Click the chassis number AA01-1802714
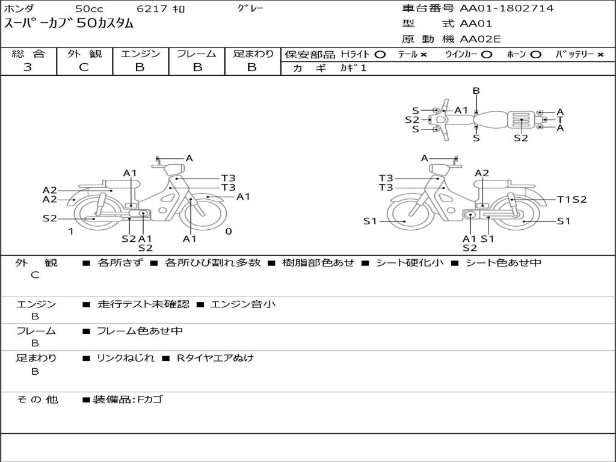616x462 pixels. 507,8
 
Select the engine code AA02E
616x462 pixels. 480,39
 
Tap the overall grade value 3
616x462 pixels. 28,67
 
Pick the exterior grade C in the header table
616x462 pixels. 84,67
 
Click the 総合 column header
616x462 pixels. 28,54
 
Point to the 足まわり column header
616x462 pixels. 253,54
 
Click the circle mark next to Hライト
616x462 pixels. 380,55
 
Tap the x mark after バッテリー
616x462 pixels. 600,55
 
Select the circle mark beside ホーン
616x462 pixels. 535,55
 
